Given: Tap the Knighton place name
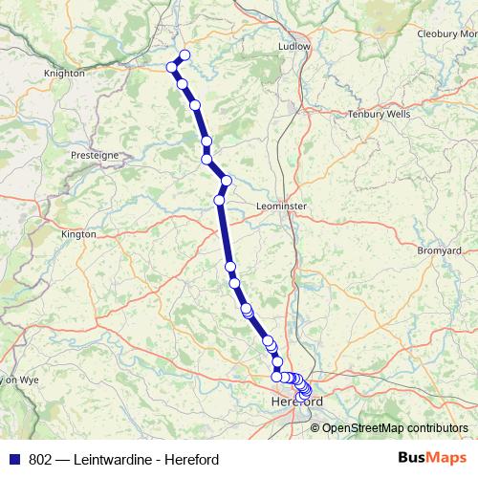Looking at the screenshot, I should tap(64, 73).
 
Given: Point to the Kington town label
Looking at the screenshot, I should tap(78, 233).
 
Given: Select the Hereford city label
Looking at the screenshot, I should tap(297, 402).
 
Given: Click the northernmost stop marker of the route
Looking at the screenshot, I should tap(185, 54).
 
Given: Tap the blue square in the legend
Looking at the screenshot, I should tap(13, 458).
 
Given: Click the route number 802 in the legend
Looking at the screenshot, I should tap(40, 458).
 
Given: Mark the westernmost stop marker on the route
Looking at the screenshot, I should tap(173, 67).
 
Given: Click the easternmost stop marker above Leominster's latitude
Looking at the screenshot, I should tap(227, 181).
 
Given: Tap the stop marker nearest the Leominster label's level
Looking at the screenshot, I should tap(220, 200).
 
